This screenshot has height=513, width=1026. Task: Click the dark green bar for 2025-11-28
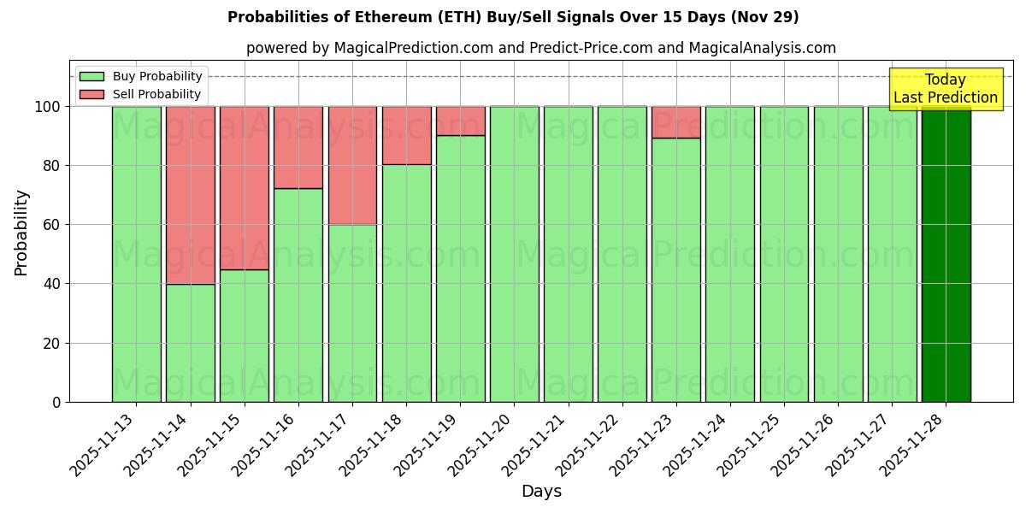946,256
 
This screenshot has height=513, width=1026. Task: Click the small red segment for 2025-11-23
676,122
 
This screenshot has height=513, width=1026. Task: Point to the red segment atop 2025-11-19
460,121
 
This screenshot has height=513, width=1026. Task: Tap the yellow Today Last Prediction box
945,89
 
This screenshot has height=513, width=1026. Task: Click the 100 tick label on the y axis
48,107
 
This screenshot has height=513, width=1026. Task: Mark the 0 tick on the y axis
56,402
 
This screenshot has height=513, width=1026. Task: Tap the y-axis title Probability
21,232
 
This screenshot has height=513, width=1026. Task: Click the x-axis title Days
541,492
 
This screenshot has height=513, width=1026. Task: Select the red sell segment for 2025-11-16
298,147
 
